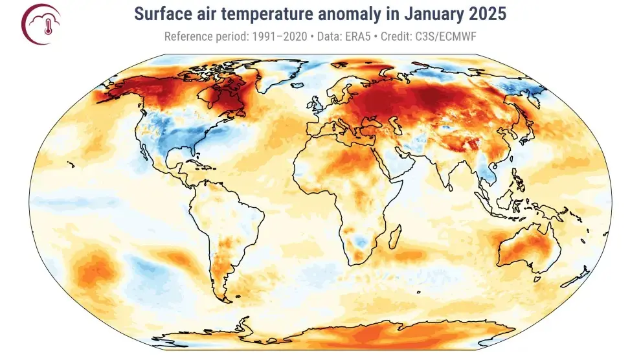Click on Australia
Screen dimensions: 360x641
(x=528, y=249)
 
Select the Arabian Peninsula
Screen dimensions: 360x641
(x=395, y=165)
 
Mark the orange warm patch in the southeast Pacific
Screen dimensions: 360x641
(x=94, y=269)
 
